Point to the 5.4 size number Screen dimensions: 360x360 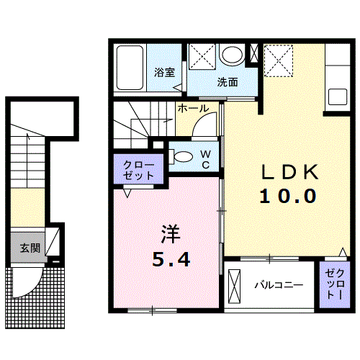[x=171, y=259]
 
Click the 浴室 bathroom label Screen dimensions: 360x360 [x=165, y=72]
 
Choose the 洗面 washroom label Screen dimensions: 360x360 [x=228, y=81]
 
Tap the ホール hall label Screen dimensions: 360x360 [x=193, y=109]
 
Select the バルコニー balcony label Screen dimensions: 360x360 [x=278, y=285]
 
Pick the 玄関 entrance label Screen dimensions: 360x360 [x=30, y=248]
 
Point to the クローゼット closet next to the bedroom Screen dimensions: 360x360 [x=138, y=170]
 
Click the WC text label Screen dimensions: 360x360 [x=205, y=158]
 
